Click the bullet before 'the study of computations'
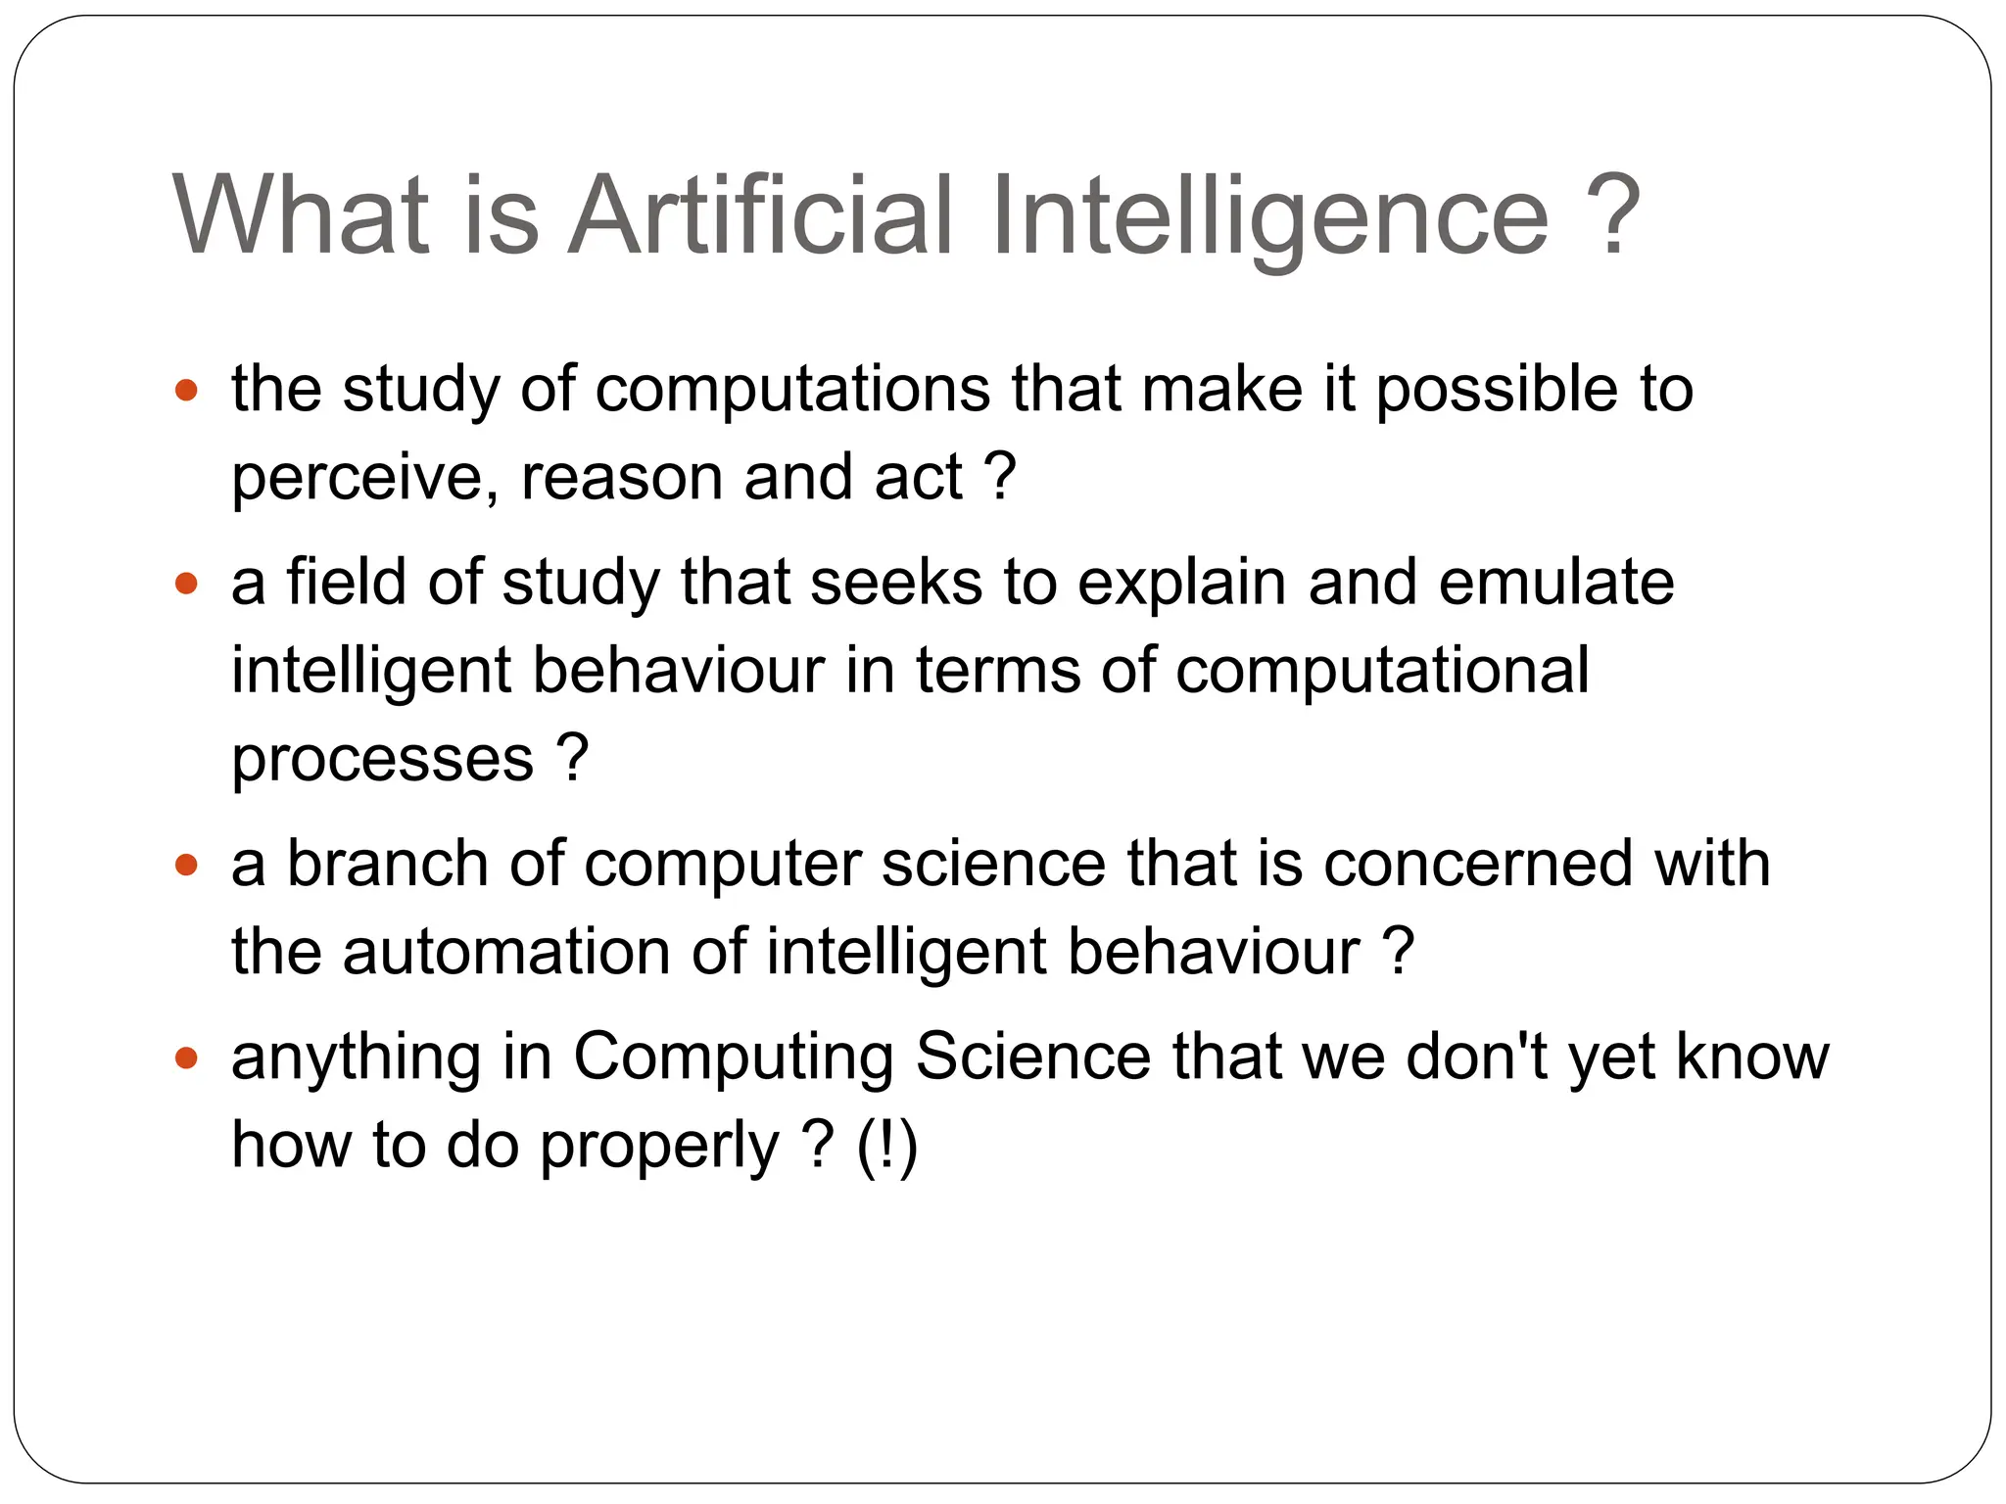[186, 392]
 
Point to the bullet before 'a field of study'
[186, 585]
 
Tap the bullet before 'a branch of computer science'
[186, 866]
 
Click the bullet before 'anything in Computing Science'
[186, 1058]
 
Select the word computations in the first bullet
[792, 390]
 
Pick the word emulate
[1556, 583]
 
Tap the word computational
[1381, 671]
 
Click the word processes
[382, 760]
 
